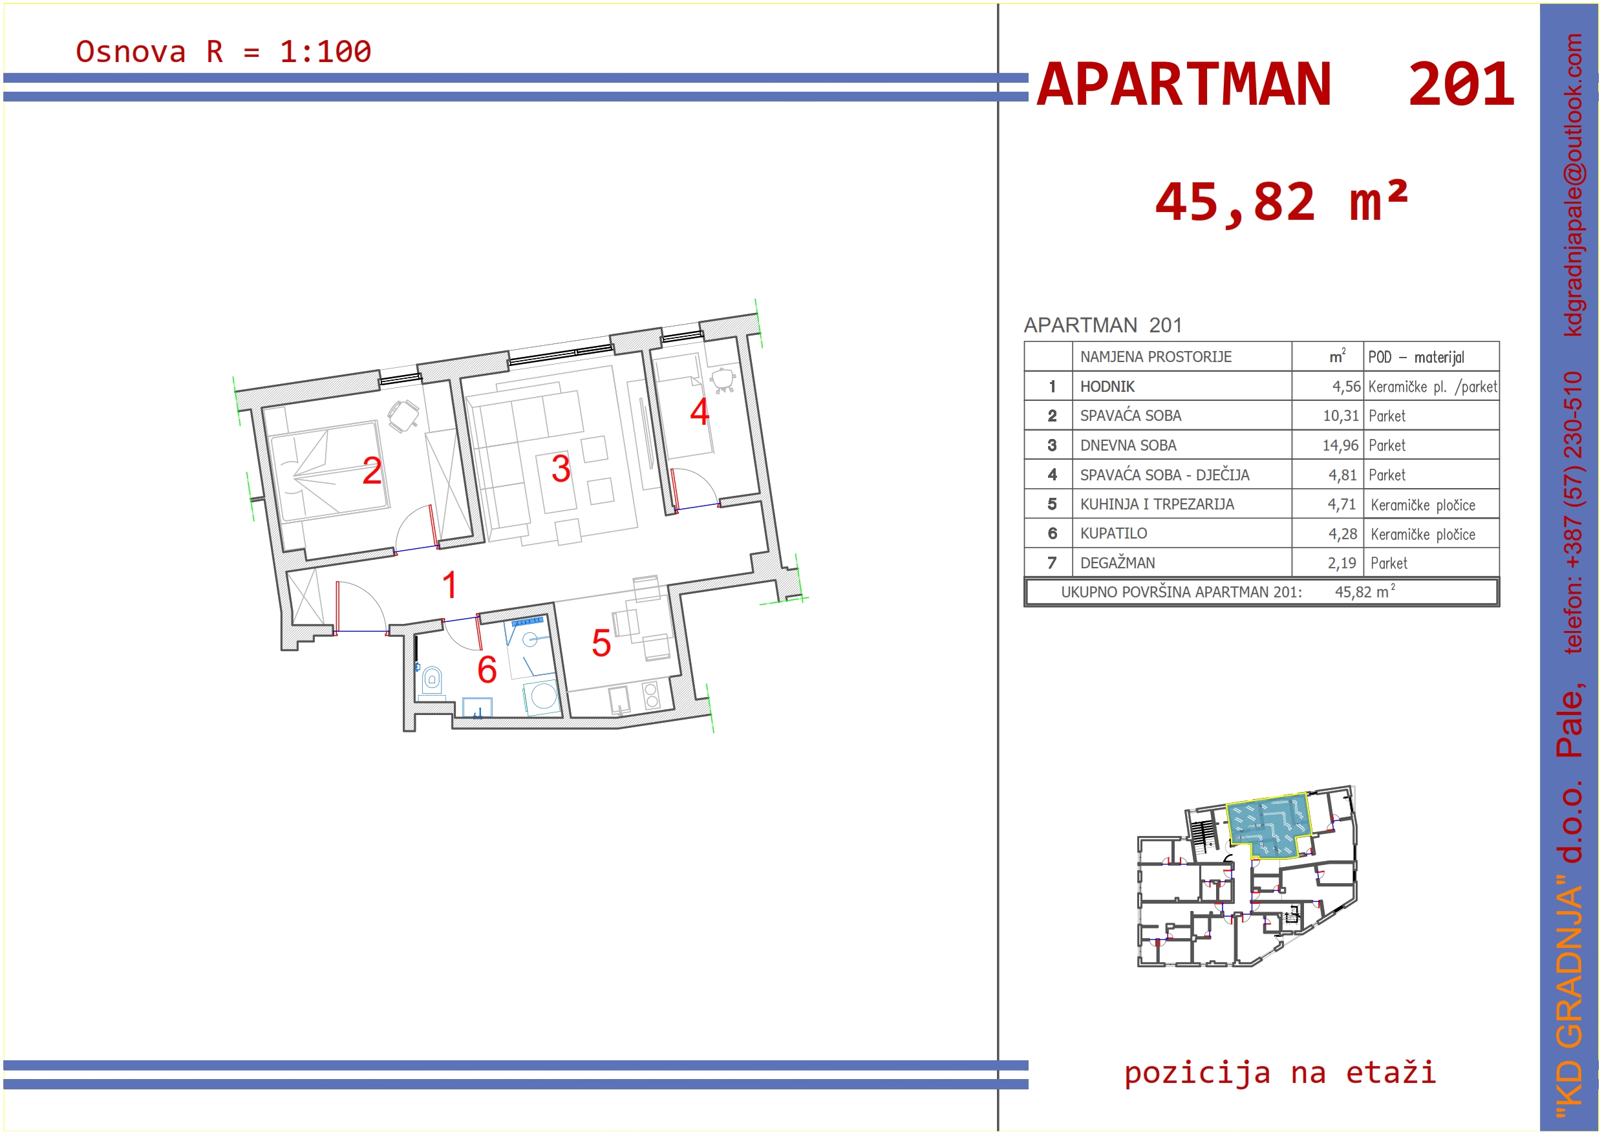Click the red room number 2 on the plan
point(372,470)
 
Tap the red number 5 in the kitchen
point(601,643)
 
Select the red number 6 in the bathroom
point(487,669)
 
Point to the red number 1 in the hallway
point(450,585)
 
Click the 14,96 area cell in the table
point(1340,445)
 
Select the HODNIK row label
point(1107,387)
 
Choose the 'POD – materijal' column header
point(1416,357)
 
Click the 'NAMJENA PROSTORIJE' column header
point(1156,356)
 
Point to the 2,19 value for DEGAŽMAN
point(1342,563)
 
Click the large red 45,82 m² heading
point(1281,202)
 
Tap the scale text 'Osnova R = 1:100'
point(224,52)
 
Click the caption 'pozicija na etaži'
point(1280,1072)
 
